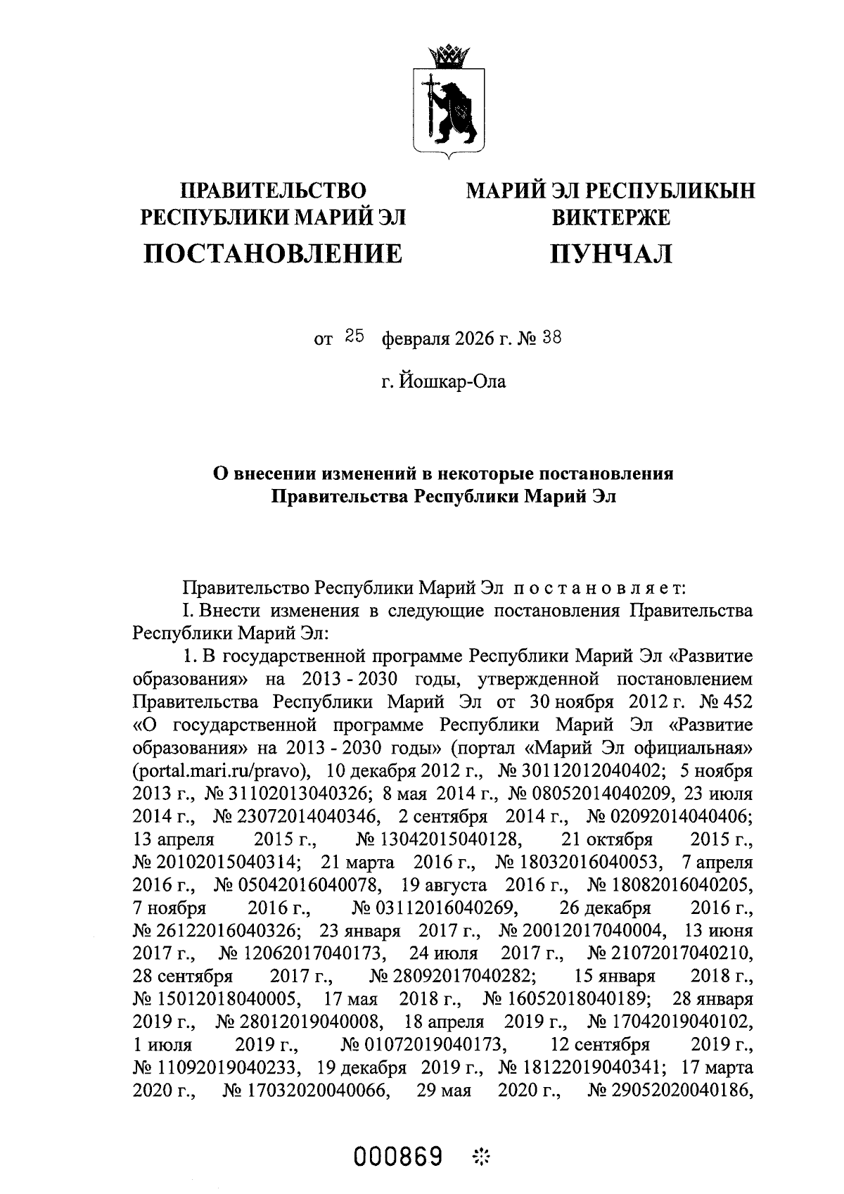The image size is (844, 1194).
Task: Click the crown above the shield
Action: pyautogui.click(x=444, y=55)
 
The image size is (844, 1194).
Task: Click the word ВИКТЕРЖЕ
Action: pyautogui.click(x=610, y=217)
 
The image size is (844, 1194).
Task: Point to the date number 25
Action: pyautogui.click(x=354, y=338)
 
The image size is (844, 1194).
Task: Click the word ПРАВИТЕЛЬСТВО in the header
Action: pyautogui.click(x=274, y=191)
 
